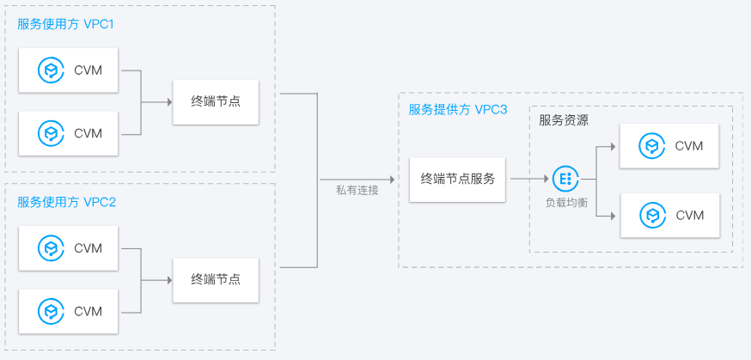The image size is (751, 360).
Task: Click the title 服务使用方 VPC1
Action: coord(66,24)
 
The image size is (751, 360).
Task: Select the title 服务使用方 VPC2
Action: coord(66,202)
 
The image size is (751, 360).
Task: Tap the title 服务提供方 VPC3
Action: coord(458,109)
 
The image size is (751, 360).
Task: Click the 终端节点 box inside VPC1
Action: coord(216,101)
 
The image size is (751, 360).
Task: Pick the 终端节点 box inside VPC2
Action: coord(216,279)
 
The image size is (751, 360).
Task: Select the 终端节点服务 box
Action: coord(458,179)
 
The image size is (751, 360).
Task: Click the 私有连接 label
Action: coord(357,190)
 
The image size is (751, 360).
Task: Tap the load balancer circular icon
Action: coord(565,179)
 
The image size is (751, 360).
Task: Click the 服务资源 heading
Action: coord(564,120)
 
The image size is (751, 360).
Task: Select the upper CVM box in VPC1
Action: coord(70,70)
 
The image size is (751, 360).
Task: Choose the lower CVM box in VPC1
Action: coord(70,133)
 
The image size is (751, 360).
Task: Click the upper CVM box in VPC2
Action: coord(70,248)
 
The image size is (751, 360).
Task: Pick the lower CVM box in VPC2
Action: coord(70,311)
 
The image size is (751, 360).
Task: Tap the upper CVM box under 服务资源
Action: coord(671,146)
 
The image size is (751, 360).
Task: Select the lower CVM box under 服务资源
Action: coord(671,215)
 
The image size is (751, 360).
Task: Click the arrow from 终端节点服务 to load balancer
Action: coord(528,179)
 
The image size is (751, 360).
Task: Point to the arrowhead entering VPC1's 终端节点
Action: coord(168,101)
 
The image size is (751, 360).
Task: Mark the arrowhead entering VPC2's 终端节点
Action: coord(168,279)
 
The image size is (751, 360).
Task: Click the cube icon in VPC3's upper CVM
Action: coord(653,146)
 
